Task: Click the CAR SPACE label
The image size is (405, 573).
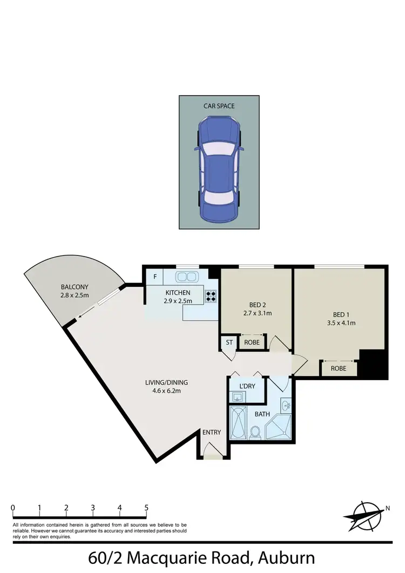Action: pos(219,106)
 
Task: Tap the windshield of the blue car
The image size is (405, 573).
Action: pos(219,147)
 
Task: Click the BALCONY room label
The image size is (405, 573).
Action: pos(75,287)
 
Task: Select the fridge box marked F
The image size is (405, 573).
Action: pos(155,277)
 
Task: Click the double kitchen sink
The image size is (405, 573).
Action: pos(186,277)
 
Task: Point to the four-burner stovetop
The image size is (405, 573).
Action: pos(211,295)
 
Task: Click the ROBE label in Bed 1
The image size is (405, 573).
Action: pos(339,369)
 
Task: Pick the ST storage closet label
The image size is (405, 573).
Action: pos(228,342)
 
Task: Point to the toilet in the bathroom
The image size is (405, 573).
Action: pos(256,430)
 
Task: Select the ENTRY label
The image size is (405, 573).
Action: pos(212,432)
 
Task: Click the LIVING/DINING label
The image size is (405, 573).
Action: pos(166,383)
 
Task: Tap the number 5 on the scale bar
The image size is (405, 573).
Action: pos(146,508)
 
